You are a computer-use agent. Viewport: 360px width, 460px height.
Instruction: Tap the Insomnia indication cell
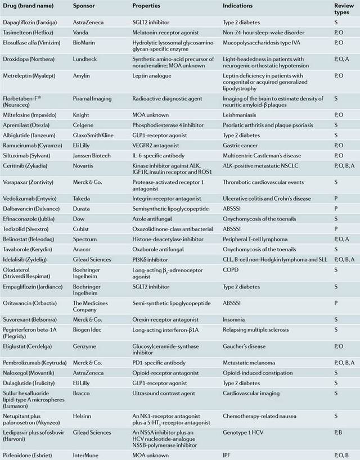tap(235, 316)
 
